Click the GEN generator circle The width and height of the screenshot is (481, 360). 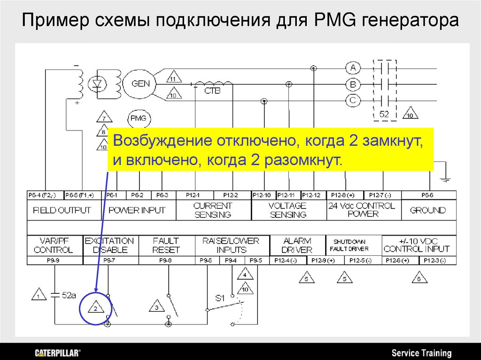click(x=141, y=84)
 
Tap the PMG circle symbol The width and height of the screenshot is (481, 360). click(x=139, y=118)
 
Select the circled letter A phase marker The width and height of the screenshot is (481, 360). click(x=353, y=68)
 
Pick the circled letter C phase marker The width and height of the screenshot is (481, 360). click(x=353, y=100)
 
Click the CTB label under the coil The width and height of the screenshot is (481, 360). click(x=212, y=91)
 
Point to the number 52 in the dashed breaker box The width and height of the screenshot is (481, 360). click(x=384, y=114)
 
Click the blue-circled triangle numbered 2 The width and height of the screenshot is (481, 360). click(x=95, y=308)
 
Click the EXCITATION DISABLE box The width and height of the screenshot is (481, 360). click(x=109, y=245)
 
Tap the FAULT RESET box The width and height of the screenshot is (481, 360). click(x=166, y=245)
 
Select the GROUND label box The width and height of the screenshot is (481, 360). click(x=427, y=210)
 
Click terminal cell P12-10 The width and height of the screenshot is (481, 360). click(x=262, y=195)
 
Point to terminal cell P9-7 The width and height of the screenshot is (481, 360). click(x=109, y=260)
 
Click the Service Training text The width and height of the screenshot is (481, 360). click(x=421, y=353)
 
